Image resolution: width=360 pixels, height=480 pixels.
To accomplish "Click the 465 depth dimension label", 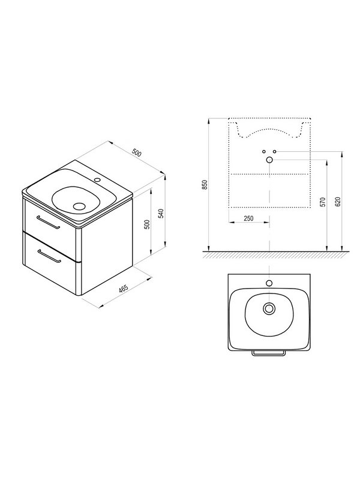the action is (x=124, y=290).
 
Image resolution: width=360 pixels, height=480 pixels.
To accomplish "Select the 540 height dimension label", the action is (x=161, y=214).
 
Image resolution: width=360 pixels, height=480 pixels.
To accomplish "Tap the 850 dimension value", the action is (x=205, y=185).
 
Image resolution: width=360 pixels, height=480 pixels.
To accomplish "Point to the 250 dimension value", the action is (x=248, y=218).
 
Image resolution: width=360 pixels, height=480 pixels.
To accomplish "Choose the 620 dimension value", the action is (x=338, y=202).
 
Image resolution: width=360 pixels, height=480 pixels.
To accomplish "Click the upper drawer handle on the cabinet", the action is (x=48, y=222).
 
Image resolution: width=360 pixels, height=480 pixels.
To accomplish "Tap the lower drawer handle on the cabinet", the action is (x=49, y=256).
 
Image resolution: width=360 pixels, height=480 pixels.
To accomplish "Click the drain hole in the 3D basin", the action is (x=80, y=206).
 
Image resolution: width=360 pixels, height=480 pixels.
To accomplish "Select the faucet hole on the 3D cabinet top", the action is (x=98, y=180).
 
